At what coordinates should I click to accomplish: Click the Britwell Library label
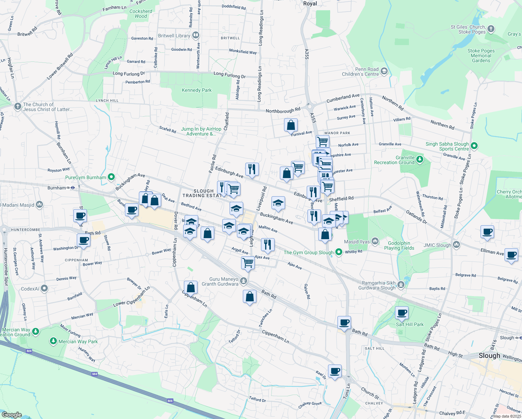point(174,36)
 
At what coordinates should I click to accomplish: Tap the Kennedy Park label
point(196,90)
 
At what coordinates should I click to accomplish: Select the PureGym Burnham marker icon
point(111,177)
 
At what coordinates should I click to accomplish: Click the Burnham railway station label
point(57,188)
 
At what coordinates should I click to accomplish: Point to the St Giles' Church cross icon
point(491,29)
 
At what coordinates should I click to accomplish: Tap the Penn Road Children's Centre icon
point(384,72)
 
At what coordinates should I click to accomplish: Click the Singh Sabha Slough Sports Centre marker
point(474,146)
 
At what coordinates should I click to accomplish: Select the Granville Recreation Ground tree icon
point(420,160)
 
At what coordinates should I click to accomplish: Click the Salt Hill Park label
point(410,324)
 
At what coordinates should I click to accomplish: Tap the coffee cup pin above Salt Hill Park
point(402,313)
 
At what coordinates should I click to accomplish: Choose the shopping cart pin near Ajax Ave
point(248,262)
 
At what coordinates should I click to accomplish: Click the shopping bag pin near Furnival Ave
point(291,125)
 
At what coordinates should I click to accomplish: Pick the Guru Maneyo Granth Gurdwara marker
point(244,281)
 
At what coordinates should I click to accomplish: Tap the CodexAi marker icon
point(44,289)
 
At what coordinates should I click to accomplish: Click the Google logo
point(12,415)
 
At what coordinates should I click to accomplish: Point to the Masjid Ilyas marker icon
point(375,241)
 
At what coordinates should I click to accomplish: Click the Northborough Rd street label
point(283,111)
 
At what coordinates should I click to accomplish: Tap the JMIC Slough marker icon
point(456,245)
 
